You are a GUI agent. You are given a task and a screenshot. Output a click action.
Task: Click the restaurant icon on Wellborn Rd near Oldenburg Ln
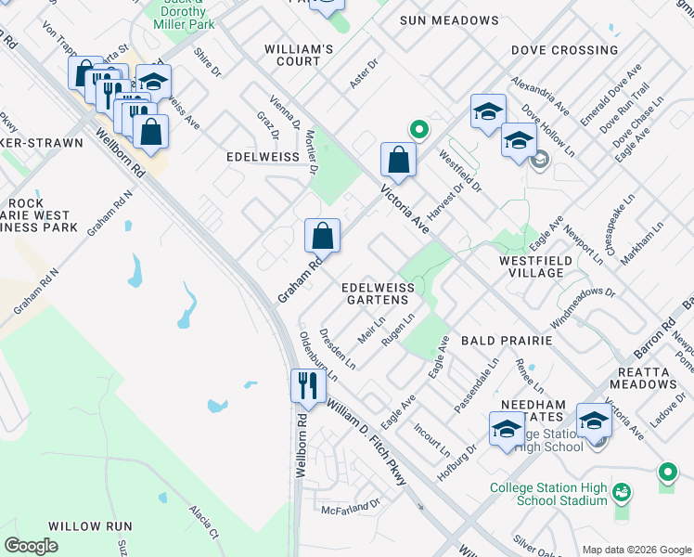click(305, 384)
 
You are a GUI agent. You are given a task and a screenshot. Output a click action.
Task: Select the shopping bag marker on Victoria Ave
click(398, 159)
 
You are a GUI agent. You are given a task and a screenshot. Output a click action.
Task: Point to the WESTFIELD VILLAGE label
click(545, 266)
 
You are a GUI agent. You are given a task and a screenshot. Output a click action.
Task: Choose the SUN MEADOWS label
click(449, 20)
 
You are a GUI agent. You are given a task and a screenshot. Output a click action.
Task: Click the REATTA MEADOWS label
click(643, 377)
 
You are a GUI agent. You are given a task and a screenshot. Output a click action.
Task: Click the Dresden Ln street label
click(337, 348)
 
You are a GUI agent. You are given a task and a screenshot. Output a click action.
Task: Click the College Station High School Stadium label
click(548, 494)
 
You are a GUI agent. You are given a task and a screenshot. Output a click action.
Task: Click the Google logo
click(31, 546)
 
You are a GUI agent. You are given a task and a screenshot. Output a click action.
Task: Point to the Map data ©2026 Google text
click(636, 550)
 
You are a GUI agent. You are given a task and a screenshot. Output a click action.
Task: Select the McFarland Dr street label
click(351, 507)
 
